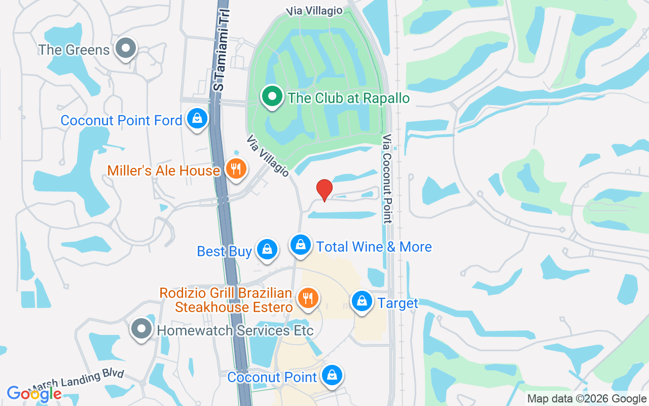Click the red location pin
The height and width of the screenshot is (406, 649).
tap(324, 190)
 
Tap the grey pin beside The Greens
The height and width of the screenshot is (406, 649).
tap(125, 49)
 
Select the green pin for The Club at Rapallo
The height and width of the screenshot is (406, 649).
tap(272, 96)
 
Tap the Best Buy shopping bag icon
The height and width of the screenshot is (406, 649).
tap(266, 249)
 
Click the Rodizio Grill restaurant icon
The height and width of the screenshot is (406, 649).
tap(307, 297)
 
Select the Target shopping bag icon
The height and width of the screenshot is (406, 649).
tap(362, 301)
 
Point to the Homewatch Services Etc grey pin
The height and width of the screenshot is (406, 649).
tap(141, 328)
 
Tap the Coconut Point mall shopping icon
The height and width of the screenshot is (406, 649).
tap(332, 376)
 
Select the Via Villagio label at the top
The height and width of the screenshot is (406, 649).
tap(314, 10)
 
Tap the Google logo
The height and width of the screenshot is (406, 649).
tap(34, 393)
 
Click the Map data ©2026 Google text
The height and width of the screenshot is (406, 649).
tap(587, 399)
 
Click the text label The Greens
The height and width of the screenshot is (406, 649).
tap(74, 50)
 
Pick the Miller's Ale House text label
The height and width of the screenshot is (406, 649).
tap(163, 171)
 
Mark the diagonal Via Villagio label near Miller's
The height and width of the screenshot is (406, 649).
tap(268, 156)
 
